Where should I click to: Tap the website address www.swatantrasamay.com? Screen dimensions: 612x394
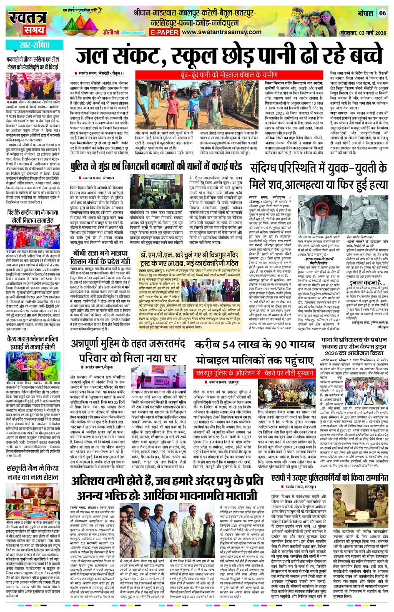222,32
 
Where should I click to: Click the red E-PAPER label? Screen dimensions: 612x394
164,32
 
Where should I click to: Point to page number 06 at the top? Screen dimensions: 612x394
382,13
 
